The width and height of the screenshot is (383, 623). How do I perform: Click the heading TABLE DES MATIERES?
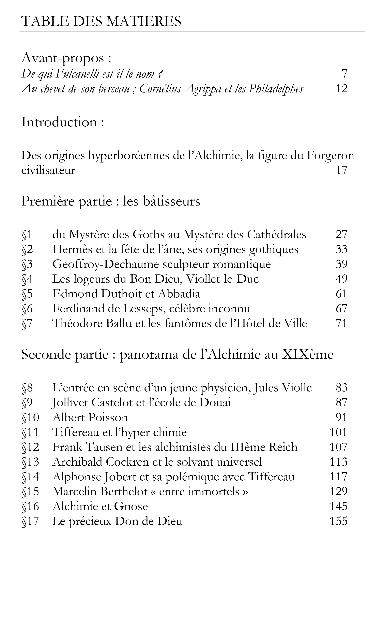(101, 21)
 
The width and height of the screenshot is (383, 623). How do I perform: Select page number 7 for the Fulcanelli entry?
(344, 74)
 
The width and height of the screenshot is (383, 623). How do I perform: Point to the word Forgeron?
(331, 155)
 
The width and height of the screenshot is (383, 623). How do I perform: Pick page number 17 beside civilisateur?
(341, 170)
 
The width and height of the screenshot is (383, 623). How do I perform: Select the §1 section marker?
(27, 235)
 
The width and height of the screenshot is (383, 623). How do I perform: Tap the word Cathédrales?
(277, 235)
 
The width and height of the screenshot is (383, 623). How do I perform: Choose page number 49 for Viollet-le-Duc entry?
(341, 279)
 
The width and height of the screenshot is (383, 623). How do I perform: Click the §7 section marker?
(27, 324)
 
